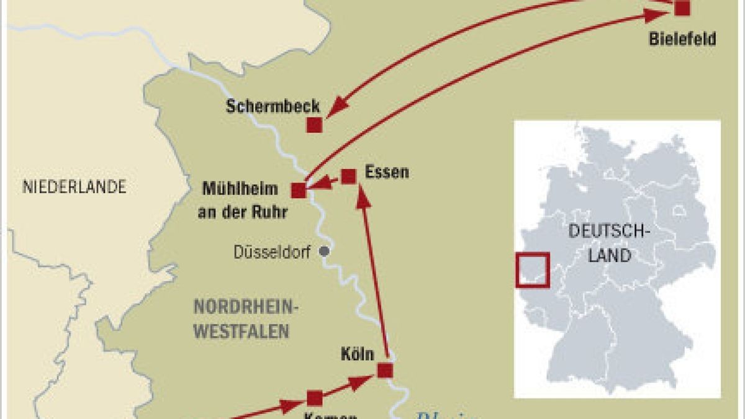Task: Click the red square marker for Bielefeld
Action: pyautogui.click(x=682, y=8)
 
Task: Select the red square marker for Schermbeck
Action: pyautogui.click(x=314, y=125)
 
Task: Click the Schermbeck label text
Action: pyautogui.click(x=273, y=106)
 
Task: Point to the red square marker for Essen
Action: pyautogui.click(x=349, y=176)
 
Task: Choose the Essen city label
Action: pyautogui.click(x=387, y=171)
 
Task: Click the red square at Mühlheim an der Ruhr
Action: pyautogui.click(x=299, y=191)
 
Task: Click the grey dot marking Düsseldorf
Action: pyautogui.click(x=323, y=251)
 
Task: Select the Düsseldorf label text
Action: pyautogui.click(x=271, y=253)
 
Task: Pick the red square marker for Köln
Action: pyautogui.click(x=385, y=371)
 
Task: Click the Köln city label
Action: pyautogui.click(x=358, y=354)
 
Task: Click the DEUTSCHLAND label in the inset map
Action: pyautogui.click(x=609, y=243)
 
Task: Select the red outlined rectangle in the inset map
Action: pyautogui.click(x=532, y=269)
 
